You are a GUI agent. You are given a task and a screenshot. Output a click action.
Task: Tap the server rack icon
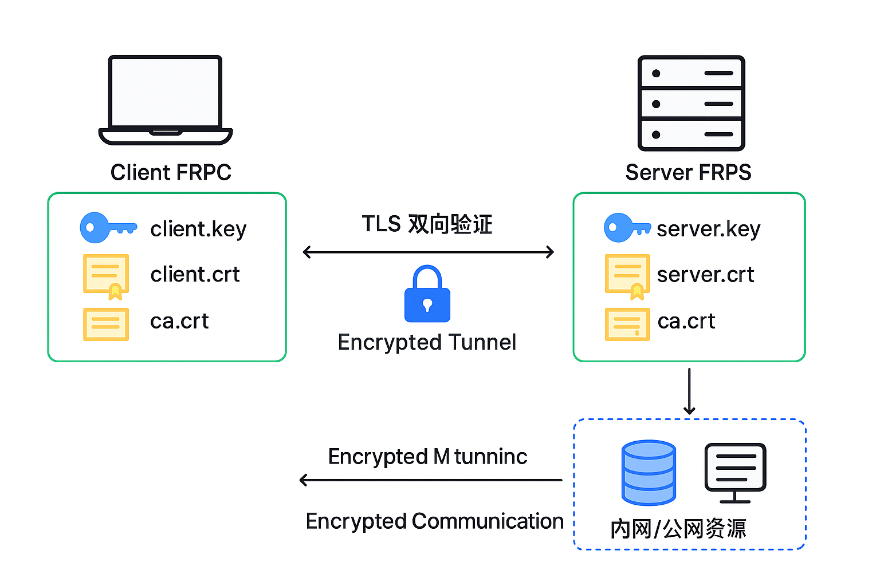point(691,103)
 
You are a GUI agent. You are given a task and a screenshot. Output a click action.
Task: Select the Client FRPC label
point(171,172)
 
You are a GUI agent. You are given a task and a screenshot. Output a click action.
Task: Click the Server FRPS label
point(688,172)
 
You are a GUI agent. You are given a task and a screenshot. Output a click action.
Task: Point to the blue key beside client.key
point(107,228)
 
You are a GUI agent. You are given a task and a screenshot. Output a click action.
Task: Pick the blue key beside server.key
point(626,228)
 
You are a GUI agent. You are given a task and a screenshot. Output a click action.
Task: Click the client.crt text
point(195,275)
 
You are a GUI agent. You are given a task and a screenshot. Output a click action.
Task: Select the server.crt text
point(705,275)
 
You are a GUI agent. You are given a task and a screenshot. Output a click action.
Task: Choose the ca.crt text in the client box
point(179,322)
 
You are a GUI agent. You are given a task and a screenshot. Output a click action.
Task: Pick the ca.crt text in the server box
point(686,322)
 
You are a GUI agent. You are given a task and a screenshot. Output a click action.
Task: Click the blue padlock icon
point(427,295)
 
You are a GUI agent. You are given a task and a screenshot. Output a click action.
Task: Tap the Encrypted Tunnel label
point(427,342)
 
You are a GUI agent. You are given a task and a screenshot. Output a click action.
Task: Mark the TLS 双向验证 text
point(427,224)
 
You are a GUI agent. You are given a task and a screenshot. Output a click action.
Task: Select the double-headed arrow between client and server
point(428,252)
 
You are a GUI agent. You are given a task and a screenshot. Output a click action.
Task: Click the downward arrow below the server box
point(689,391)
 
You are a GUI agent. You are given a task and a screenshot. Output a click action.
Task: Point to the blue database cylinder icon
point(649,473)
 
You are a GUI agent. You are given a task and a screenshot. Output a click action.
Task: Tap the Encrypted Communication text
point(434,521)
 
